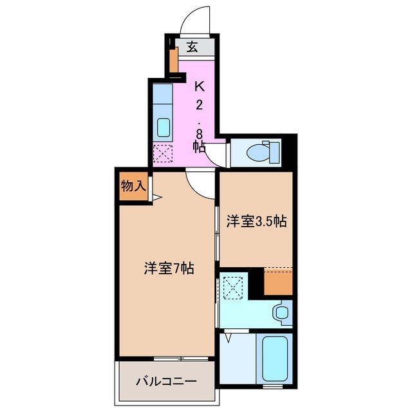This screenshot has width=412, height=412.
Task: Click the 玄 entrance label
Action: click(x=192, y=46)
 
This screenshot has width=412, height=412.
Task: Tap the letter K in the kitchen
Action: click(x=200, y=86)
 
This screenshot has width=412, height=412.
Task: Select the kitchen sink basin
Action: click(x=164, y=126)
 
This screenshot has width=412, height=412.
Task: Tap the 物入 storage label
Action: click(x=133, y=187)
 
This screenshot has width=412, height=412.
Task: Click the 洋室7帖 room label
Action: click(x=169, y=268)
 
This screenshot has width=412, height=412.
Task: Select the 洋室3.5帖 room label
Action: click(x=256, y=221)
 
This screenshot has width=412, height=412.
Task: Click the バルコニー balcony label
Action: click(x=165, y=381)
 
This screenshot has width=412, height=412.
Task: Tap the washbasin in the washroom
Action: click(x=281, y=313)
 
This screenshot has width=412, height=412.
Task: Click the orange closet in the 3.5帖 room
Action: click(x=278, y=281)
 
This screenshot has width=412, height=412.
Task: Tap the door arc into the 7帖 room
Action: click(x=200, y=183)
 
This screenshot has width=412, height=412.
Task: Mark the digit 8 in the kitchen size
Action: click(x=200, y=133)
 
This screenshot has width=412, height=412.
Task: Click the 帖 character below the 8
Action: click(x=200, y=147)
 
